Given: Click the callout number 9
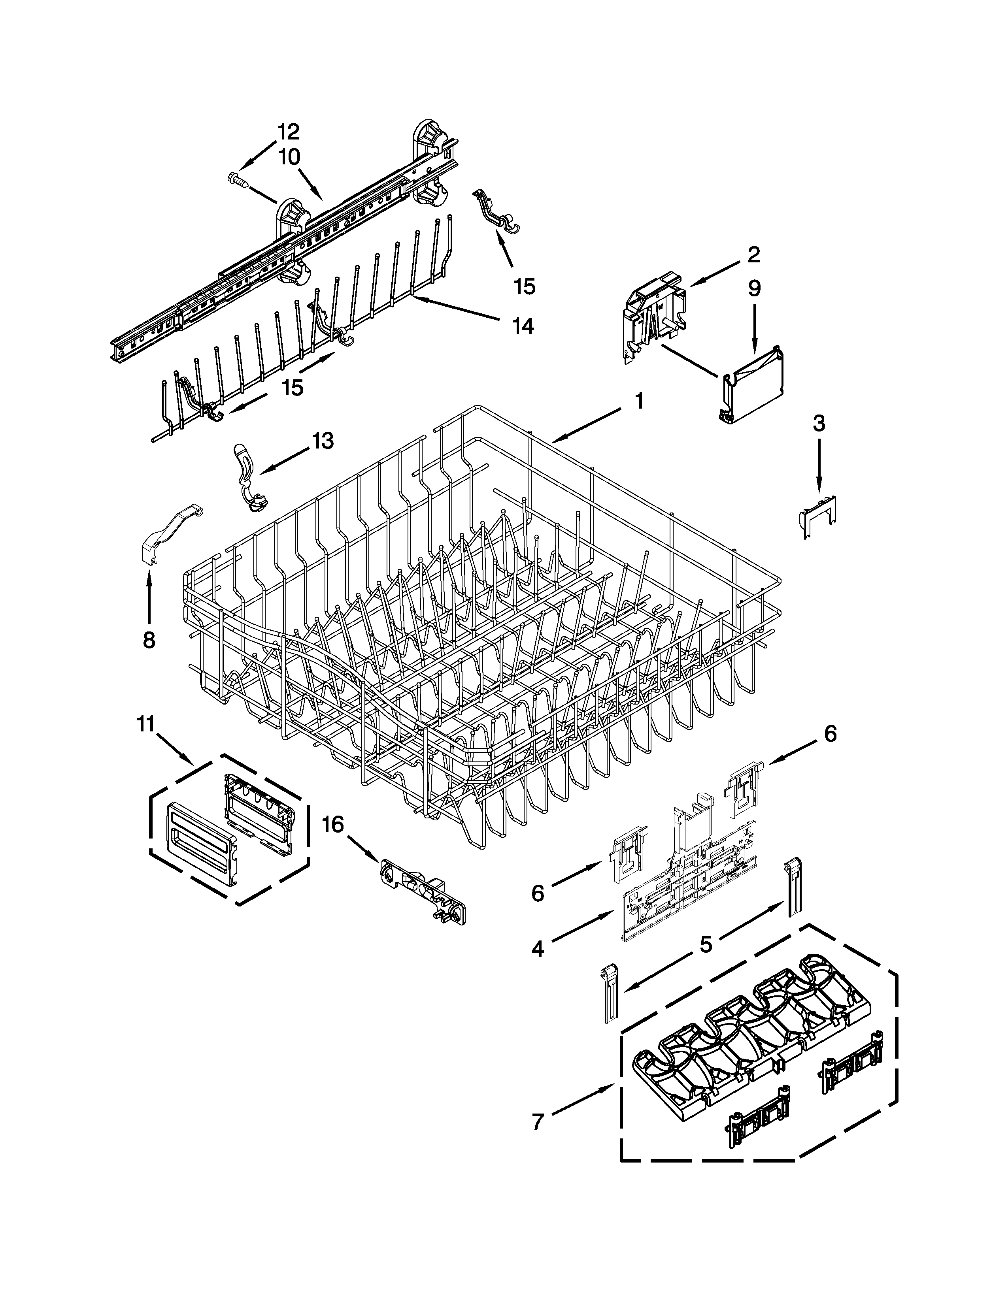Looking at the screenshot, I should [754, 288].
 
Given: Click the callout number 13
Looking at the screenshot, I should [322, 441].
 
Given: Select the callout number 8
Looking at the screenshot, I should [149, 640].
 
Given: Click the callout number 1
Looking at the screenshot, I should [638, 401].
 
